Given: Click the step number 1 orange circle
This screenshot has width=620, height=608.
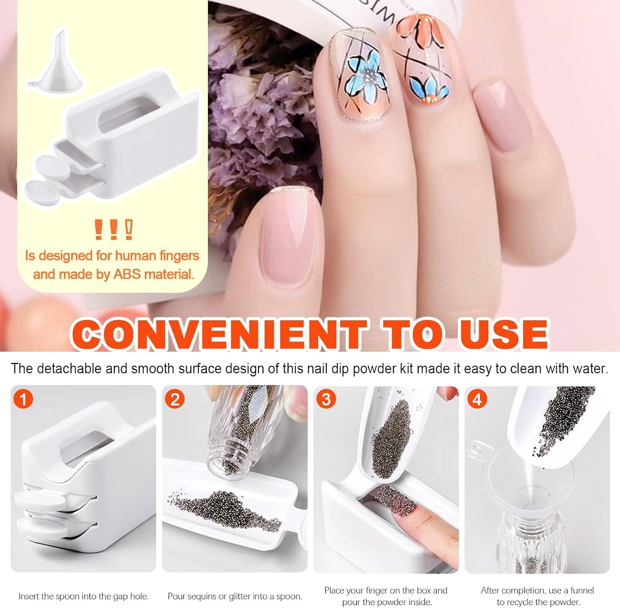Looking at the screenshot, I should coord(23,399).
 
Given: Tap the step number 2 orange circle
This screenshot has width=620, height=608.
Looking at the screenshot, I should coord(175,399).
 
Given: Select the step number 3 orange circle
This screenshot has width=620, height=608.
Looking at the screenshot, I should coord(326,399).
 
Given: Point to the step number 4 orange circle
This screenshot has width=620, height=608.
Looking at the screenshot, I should coord(477,399).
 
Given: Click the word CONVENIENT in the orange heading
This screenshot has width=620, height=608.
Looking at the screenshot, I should coord(219,334).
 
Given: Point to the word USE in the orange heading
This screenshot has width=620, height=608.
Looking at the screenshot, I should coord(504,334).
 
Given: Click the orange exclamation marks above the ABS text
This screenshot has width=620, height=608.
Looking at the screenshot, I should coord(113,230).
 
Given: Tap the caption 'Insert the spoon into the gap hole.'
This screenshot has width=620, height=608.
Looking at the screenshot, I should coord(83,596).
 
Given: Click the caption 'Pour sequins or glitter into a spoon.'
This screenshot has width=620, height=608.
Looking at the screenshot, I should coord(234,596).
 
